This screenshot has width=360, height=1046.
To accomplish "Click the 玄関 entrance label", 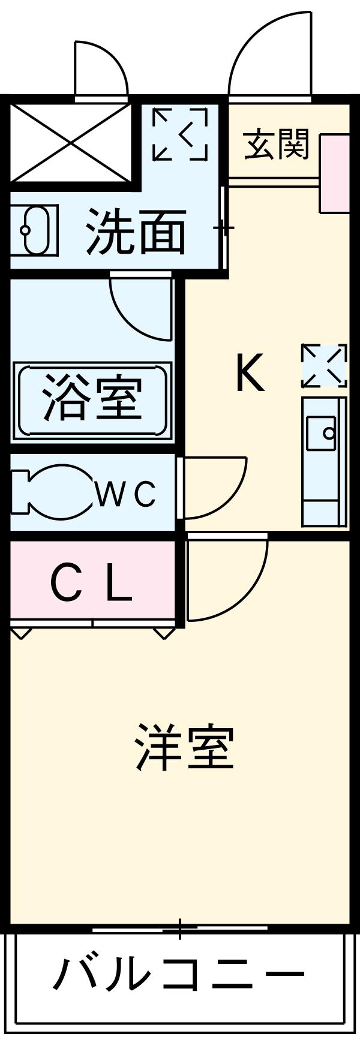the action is [277, 144].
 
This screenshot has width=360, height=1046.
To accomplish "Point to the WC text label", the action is [126, 494].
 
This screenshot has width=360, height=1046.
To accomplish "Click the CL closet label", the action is [91, 584].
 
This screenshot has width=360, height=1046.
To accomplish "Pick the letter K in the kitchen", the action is [249, 372].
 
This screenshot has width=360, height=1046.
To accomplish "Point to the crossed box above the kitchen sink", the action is [325, 365].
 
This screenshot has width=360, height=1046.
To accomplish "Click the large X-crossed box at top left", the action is [71, 142].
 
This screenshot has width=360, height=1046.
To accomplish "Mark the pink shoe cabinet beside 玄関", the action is [334, 173].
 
